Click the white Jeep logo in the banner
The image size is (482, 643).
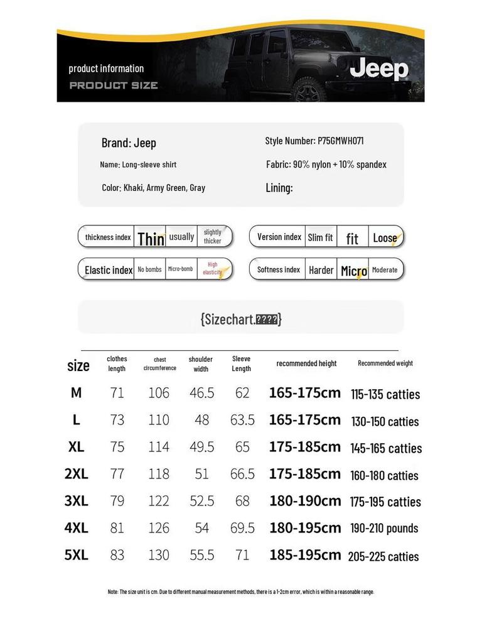coord(378,69)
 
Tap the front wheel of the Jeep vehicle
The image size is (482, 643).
coord(307,91)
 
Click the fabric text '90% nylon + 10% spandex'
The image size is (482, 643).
coord(340,165)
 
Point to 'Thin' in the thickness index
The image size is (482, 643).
coord(151,238)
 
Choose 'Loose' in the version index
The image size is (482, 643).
coord(385,237)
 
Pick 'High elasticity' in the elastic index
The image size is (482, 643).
coord(213,269)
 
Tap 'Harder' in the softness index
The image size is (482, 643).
coord(321,270)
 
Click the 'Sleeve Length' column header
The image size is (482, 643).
coord(242,364)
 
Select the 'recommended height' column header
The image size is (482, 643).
coord(306,364)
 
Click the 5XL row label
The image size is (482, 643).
coord(77,555)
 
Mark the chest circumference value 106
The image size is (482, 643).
coord(159,393)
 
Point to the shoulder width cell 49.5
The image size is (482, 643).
coord(201,447)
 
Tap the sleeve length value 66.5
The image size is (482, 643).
coord(242,474)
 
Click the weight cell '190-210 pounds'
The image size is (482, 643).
coord(384,528)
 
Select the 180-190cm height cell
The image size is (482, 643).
coord(305,501)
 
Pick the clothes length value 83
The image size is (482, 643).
coord(117,555)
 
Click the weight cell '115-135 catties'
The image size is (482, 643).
coord(385,394)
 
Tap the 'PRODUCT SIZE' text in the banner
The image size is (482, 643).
coord(113,85)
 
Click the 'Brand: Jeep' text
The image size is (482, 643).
coord(129,143)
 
